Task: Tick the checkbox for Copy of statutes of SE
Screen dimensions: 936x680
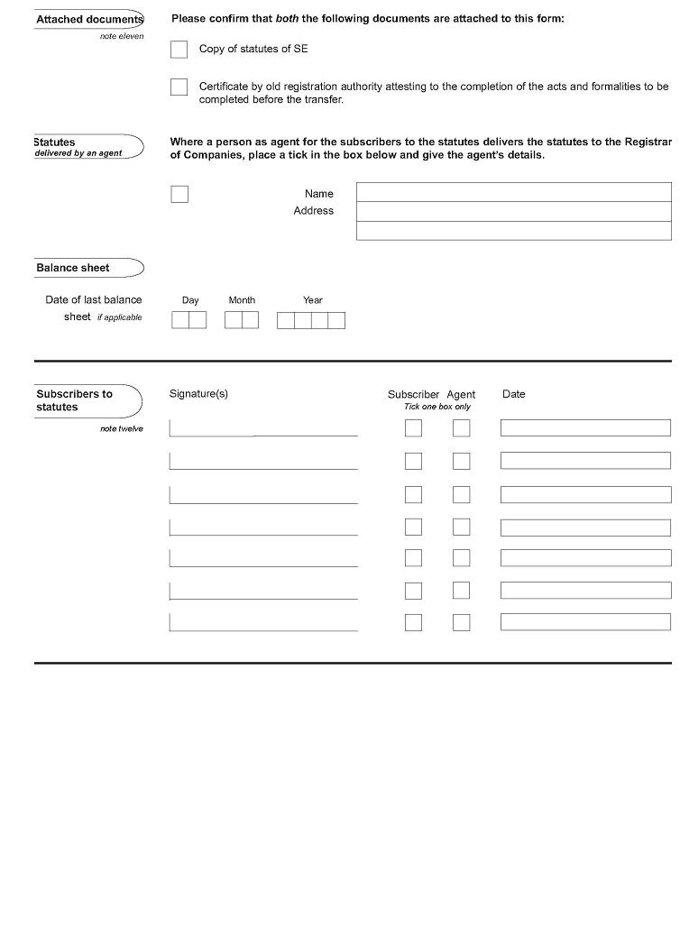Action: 179,50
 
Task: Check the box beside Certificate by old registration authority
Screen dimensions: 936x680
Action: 179,87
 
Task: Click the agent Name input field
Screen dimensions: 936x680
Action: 513,192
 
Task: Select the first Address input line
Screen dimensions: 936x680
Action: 513,211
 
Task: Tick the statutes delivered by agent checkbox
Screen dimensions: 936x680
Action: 179,194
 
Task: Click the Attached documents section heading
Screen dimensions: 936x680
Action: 88,19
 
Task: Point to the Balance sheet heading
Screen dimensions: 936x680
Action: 73,268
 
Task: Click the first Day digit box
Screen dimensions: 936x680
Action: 180,320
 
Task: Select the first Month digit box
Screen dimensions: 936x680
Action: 233,320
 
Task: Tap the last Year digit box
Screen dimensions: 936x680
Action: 336,320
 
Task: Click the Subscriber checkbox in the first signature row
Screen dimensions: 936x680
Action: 413,428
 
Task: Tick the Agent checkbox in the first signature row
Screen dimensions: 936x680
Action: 461,428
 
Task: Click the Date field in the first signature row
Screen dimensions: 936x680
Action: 585,428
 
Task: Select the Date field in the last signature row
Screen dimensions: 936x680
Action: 585,622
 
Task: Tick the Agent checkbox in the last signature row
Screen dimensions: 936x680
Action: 461,622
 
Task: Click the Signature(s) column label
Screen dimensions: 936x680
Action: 198,394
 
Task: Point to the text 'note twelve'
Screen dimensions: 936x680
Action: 121,428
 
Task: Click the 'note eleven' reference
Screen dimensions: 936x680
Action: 121,36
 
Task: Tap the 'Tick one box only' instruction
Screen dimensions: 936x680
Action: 437,407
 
